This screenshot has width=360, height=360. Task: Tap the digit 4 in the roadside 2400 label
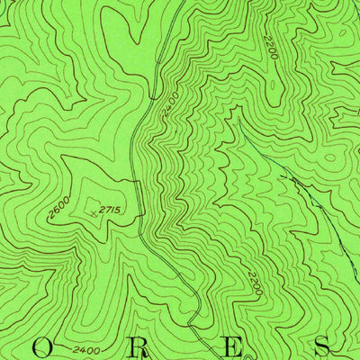[168, 106]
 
